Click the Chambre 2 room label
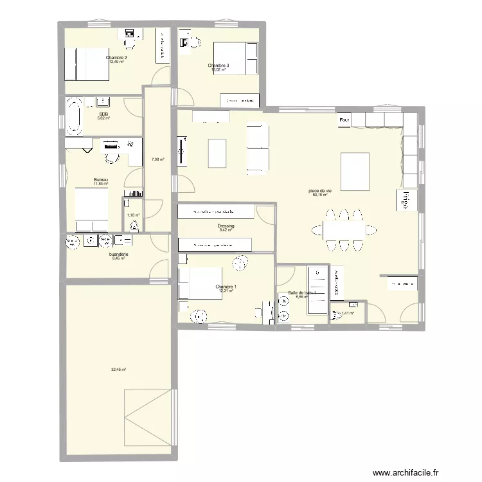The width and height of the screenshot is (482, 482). point(116,58)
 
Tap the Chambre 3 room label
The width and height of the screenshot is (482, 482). point(218,66)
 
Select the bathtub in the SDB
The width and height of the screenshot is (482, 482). point(75,116)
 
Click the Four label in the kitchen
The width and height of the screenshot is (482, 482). point(344,120)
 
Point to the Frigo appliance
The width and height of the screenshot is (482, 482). point(407,201)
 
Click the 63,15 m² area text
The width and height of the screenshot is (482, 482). point(320,195)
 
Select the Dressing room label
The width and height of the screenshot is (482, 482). point(226,226)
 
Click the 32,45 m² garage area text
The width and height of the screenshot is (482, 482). point(118,370)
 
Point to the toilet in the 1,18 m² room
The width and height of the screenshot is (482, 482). point(134,226)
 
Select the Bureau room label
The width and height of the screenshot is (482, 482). point(100,180)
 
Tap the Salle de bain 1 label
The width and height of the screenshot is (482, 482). point(302,292)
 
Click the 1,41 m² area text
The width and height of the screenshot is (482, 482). point(348,314)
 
